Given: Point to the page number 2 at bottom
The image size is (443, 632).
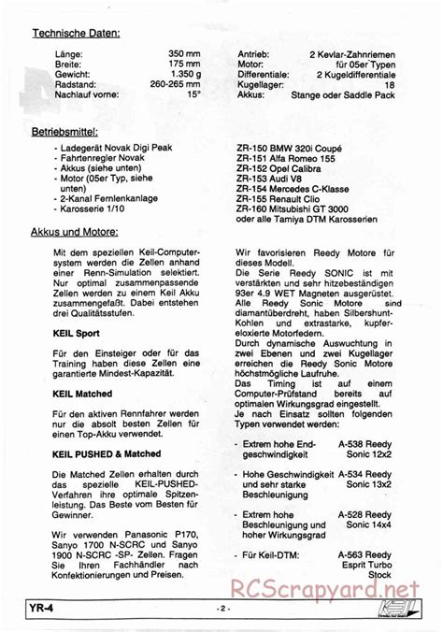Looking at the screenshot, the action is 221,610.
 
